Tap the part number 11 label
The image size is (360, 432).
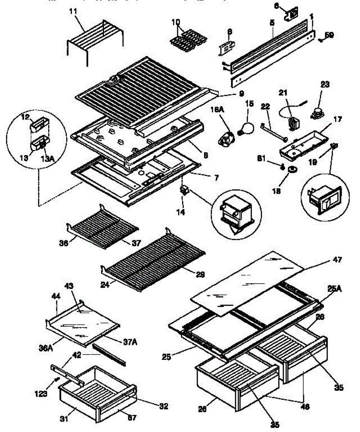(x=73, y=11)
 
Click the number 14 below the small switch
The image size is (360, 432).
(x=181, y=212)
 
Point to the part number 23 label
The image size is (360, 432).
(x=325, y=85)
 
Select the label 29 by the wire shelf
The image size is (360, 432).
(x=200, y=275)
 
